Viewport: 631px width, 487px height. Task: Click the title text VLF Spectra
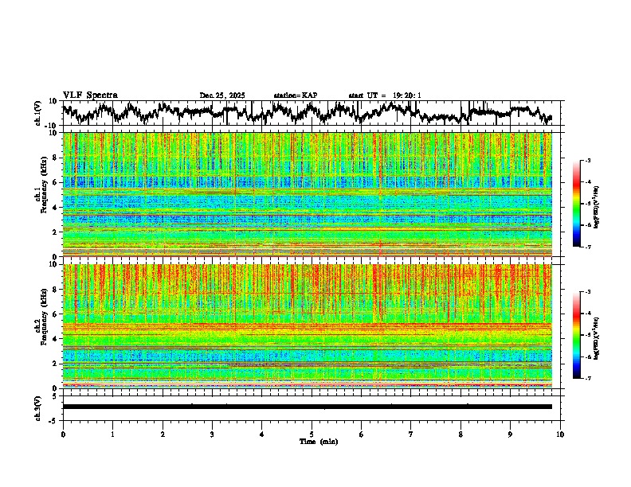pos(90,95)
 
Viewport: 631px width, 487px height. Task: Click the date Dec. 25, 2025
pos(222,95)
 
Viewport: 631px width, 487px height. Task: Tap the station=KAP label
pos(295,95)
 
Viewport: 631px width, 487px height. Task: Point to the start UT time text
pos(385,95)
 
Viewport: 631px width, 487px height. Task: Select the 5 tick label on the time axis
pos(312,434)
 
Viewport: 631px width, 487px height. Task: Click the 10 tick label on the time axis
pos(561,434)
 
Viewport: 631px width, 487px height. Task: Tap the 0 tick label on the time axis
pos(63,434)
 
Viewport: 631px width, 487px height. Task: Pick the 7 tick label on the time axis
pos(411,434)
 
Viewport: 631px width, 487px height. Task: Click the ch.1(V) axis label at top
pos(38,114)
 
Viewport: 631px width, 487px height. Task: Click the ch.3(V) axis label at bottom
pos(38,406)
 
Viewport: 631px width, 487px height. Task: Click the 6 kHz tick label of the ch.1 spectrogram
pos(55,182)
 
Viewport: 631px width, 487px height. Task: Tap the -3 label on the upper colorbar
pos(588,161)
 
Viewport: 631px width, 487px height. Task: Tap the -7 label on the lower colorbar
pos(588,378)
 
